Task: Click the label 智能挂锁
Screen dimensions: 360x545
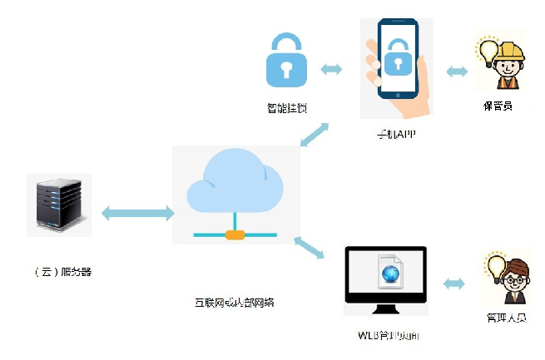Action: pyautogui.click(x=286, y=108)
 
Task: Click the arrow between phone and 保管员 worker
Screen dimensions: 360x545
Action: pyautogui.click(x=457, y=72)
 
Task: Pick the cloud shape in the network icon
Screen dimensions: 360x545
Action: pyautogui.click(x=235, y=185)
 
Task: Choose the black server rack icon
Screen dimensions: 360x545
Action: pyautogui.click(x=59, y=205)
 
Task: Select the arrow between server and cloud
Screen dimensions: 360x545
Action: pyautogui.click(x=137, y=214)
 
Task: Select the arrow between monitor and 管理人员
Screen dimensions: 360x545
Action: pyautogui.click(x=454, y=284)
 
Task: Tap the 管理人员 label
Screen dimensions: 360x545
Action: pyautogui.click(x=506, y=318)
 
